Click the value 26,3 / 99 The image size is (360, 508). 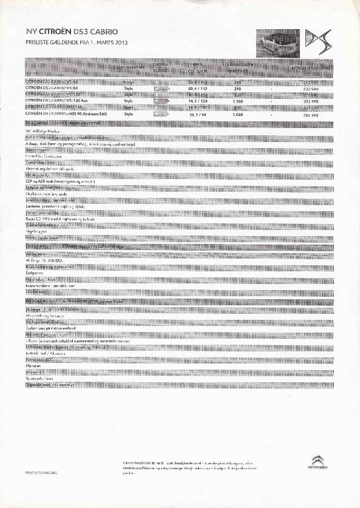click(199, 113)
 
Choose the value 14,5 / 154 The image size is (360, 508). click(199, 101)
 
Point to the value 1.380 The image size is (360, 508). click(237, 101)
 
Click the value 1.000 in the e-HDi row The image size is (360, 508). click(237, 113)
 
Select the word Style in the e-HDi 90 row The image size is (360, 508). click(128, 113)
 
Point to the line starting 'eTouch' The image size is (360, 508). click(77, 342)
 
